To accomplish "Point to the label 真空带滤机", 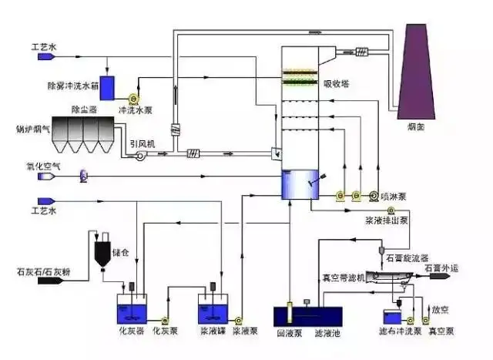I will [342, 274].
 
